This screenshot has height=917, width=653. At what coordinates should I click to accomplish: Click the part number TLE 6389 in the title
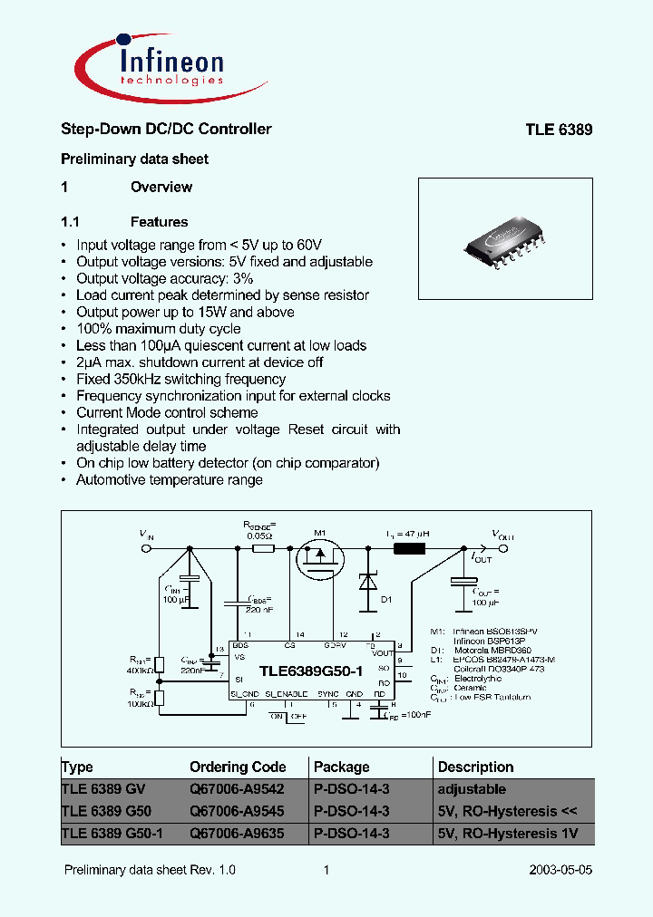coord(559,130)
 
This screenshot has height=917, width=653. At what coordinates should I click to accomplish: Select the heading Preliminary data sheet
coord(134,159)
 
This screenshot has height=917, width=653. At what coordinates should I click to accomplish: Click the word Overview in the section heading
coord(161,188)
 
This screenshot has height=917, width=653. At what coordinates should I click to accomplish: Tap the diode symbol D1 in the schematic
coord(367,582)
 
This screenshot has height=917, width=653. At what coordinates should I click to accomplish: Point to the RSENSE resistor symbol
coord(262,549)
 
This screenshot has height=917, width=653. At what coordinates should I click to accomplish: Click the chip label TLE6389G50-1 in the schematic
coord(311,671)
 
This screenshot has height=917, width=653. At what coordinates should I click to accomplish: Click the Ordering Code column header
coord(238,767)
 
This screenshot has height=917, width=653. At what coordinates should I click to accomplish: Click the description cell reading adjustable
coord(472,789)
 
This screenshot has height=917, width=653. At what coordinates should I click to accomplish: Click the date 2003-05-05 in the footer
coord(560,870)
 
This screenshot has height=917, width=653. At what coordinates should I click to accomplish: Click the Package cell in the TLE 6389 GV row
coord(351,789)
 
